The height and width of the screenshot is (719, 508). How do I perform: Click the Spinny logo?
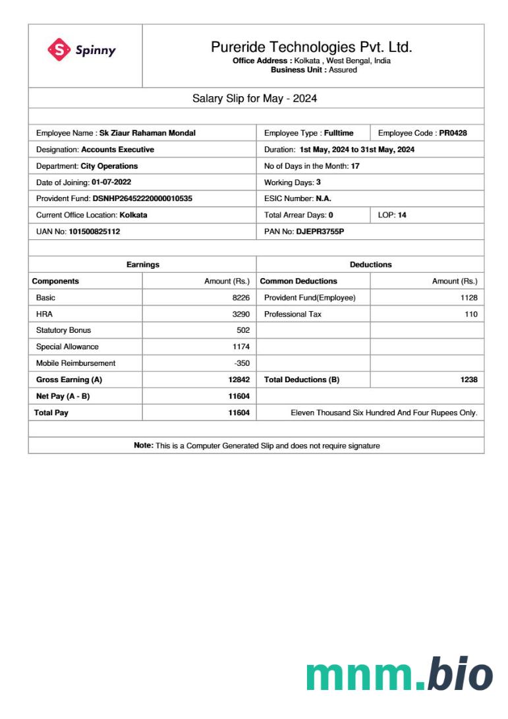coord(82,50)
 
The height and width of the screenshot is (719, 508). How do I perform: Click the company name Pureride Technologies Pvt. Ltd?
coord(311,47)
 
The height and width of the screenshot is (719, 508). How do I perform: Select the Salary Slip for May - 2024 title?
coord(254,98)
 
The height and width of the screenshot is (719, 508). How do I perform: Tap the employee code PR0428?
coord(453,133)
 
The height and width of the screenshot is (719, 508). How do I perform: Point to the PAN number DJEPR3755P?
coord(320,232)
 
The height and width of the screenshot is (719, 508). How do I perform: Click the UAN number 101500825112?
coord(94,232)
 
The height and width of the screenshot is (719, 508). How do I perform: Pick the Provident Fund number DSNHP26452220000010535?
coord(142,198)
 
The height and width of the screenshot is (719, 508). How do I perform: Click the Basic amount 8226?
coord(240,298)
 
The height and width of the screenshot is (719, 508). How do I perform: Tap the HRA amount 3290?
coord(240,314)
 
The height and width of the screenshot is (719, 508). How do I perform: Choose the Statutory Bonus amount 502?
coord(243,330)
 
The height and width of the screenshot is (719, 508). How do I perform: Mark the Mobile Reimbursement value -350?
coord(242,363)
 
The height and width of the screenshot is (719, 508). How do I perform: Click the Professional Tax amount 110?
coord(470,314)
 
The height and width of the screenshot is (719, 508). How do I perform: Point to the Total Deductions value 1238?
coord(468,380)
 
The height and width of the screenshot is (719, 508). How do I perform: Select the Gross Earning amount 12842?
coord(239,380)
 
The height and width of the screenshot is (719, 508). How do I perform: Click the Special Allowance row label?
coord(67,347)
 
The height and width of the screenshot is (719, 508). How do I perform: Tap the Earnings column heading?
coord(143,265)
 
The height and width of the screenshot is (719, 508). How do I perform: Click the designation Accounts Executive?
coord(117,150)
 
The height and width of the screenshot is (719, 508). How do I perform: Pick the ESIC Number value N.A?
coord(324,198)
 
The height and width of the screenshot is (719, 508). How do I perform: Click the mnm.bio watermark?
coord(399,675)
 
